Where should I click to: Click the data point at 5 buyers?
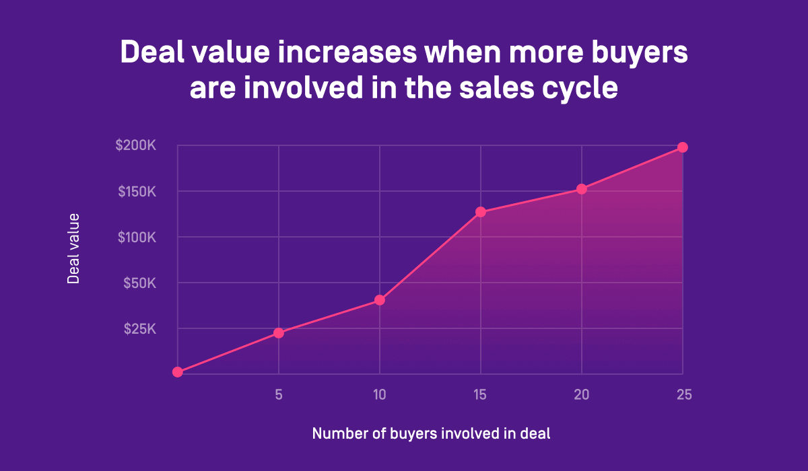pos(279,332)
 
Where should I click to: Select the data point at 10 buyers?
pos(380,300)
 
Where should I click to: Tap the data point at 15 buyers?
pos(481,212)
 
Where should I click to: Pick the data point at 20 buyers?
pos(582,189)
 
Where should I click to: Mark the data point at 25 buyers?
pos(682,147)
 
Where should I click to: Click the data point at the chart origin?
pos(178,372)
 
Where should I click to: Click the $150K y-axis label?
pos(137,192)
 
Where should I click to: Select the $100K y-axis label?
pos(136,238)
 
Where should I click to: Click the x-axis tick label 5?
pos(278,395)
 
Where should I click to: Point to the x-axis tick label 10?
pos(380,395)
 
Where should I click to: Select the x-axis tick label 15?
pos(481,395)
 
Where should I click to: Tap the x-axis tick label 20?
pos(582,395)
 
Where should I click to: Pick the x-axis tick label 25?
pos(683,395)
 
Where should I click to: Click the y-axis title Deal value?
pos(73,249)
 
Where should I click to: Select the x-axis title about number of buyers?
pos(431,434)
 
